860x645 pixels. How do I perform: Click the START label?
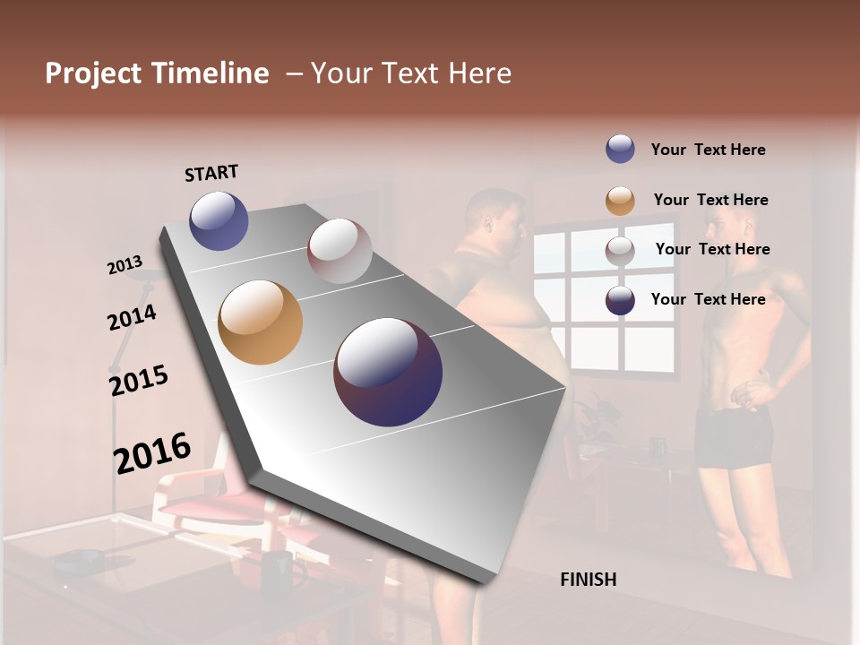coord(211,172)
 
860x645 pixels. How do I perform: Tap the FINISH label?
coord(588,580)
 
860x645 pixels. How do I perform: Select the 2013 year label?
coord(125,264)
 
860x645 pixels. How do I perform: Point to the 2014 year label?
coord(133,317)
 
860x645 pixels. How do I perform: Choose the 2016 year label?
coord(152,452)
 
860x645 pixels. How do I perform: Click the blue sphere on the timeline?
coord(219,220)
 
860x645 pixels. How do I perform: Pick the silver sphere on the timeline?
coord(340,251)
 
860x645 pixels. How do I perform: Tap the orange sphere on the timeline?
coord(260,322)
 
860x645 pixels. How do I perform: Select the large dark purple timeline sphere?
coord(388,372)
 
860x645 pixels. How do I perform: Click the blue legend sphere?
coord(620,150)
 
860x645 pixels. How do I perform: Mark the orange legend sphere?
coord(620,201)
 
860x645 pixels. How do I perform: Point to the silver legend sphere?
coord(620,251)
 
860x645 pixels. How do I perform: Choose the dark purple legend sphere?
coord(620,301)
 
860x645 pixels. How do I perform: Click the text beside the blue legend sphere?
coord(708,150)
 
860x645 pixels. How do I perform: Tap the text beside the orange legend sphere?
coord(710,200)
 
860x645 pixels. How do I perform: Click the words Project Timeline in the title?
coord(157,73)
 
